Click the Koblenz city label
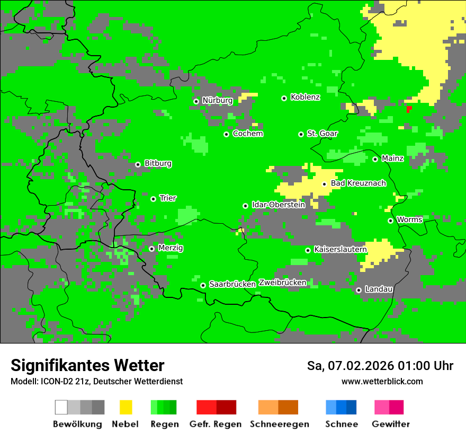coord(305,97)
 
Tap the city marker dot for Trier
coord(153,199)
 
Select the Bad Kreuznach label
coord(358,183)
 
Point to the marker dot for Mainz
coord(375,159)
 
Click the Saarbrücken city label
coord(232,284)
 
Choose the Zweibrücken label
coord(282,283)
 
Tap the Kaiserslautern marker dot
coord(308,250)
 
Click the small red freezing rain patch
coord(409,109)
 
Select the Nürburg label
coord(217,100)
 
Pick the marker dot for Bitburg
coord(138,164)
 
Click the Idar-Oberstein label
coord(279,205)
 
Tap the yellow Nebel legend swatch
coord(126,407)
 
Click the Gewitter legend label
coord(390,424)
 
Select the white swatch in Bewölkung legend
coord(61,407)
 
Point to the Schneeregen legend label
coord(279,424)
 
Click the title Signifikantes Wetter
coord(87,365)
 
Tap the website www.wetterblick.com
coord(382,381)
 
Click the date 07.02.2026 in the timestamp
coord(361,366)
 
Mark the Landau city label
coord(379,289)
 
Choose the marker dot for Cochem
coord(226,134)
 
